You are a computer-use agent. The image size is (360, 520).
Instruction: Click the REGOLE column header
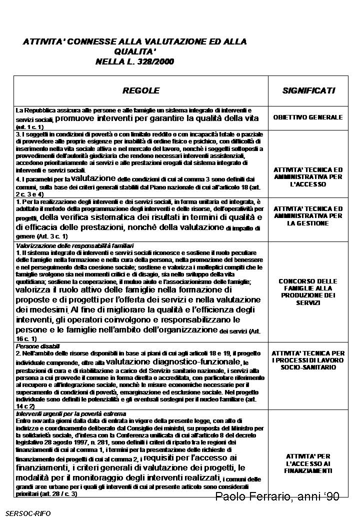[x=141, y=90]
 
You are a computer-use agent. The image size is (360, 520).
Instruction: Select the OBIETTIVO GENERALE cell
[x=308, y=117]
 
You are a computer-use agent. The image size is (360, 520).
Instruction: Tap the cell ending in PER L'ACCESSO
[x=308, y=176]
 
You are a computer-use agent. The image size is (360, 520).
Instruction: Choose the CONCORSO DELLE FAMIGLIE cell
[x=308, y=292]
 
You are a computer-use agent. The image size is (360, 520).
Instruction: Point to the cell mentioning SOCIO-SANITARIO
[x=308, y=360]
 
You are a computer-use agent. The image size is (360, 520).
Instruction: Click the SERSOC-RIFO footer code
[x=28, y=512]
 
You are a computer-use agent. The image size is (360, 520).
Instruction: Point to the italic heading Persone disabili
[x=38, y=346]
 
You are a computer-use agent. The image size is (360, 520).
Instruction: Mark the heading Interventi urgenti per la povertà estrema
[x=71, y=414]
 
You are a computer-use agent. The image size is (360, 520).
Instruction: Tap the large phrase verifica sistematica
[x=99, y=217]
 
